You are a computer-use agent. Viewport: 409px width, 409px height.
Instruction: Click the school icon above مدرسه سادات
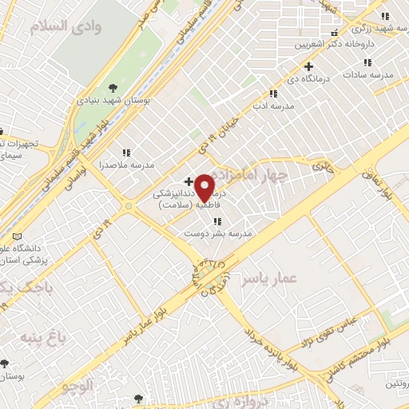pyautogui.click(x=367, y=62)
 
